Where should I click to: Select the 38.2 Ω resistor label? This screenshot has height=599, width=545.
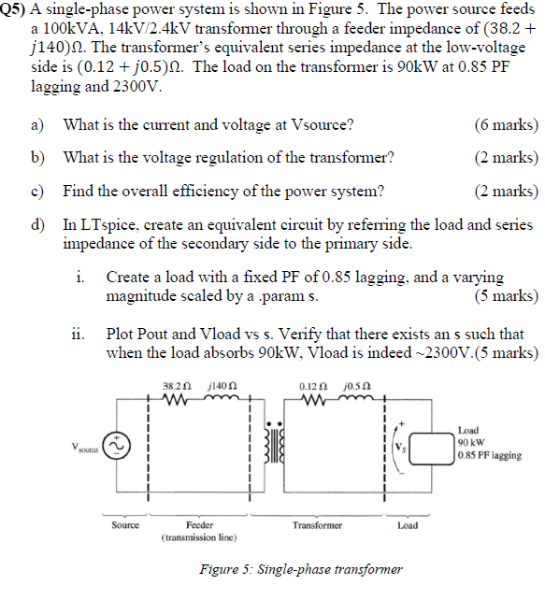[178, 385]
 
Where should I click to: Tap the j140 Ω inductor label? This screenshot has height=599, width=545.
[225, 385]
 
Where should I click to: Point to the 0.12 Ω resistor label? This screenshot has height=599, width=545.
[310, 385]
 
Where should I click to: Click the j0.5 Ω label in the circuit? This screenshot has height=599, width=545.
[356, 385]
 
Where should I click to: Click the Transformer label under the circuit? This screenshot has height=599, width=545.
[317, 525]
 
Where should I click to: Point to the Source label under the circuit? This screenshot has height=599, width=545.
[126, 525]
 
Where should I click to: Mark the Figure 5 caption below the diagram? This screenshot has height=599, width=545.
[301, 569]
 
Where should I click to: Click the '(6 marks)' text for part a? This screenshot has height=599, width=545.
[506, 124]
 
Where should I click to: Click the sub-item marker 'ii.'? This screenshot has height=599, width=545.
[80, 334]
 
